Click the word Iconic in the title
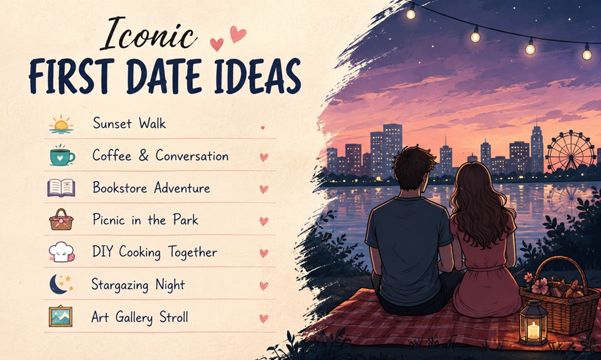click(x=149, y=35)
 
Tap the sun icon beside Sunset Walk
click(x=61, y=124)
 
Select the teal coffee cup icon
click(x=62, y=155)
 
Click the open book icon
click(x=61, y=188)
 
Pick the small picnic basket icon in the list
click(x=61, y=220)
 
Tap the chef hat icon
click(x=61, y=252)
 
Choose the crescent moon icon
click(x=61, y=284)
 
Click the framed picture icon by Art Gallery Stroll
click(x=61, y=317)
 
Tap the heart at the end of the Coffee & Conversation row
click(x=264, y=157)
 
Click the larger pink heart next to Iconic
click(x=238, y=34)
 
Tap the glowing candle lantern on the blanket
click(x=533, y=323)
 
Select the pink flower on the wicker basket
click(x=540, y=286)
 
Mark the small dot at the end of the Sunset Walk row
click(x=263, y=128)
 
